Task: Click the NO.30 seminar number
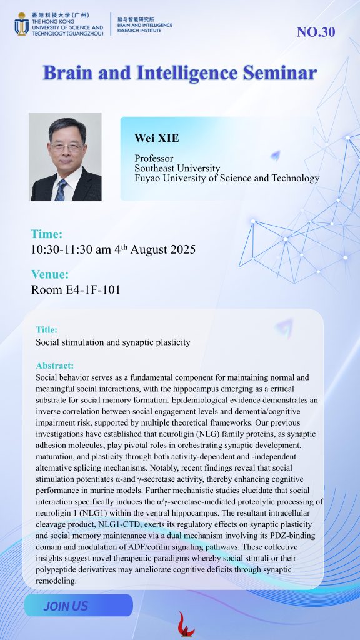[316, 32]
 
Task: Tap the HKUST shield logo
[22, 24]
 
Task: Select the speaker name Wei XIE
[157, 138]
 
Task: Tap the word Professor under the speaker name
[154, 158]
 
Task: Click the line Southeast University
[177, 168]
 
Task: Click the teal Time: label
[46, 234]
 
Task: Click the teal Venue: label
[50, 274]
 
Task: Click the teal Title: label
[46, 329]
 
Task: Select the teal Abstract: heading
[55, 366]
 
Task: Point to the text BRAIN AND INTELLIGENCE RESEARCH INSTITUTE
[144, 27]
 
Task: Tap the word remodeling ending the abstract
[56, 581]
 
